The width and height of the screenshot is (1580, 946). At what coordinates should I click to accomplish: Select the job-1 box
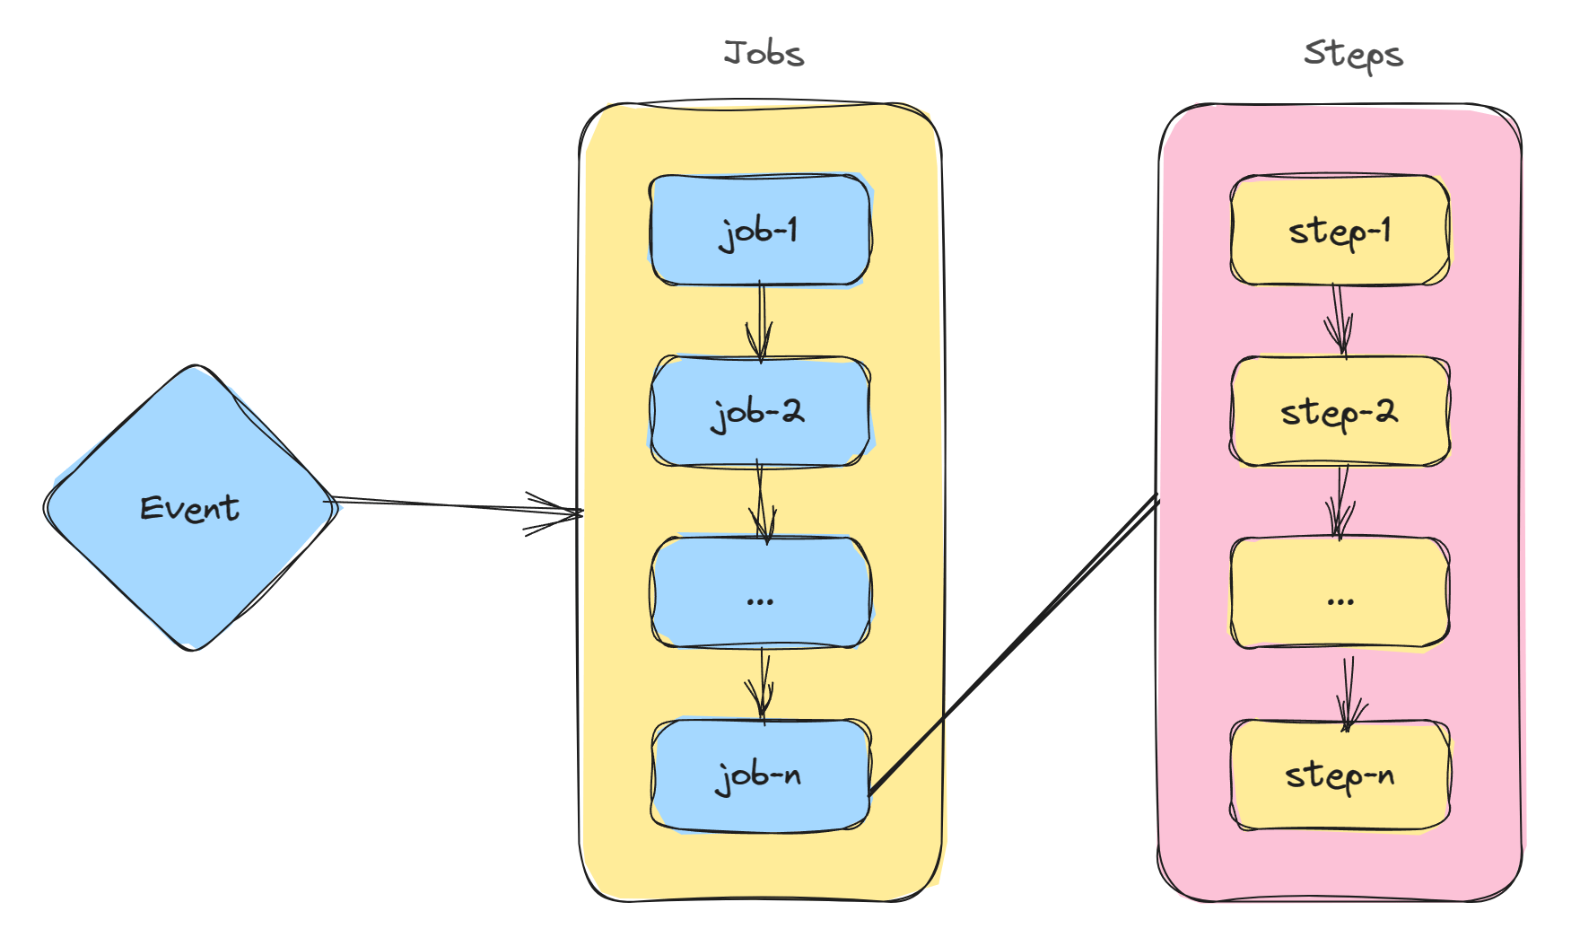coord(760,231)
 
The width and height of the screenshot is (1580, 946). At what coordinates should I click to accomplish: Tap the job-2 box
coord(760,412)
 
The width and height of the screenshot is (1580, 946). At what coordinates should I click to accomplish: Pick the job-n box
coord(760,775)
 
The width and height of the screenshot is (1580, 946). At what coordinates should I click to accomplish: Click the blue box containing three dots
coord(760,593)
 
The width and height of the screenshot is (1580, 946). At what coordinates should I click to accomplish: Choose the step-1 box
coord(1340,231)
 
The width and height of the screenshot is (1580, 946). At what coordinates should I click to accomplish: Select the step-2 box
coord(1340,412)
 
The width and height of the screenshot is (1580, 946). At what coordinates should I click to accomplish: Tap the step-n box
coord(1340,775)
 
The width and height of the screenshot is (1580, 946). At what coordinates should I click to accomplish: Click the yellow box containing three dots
coord(1340,593)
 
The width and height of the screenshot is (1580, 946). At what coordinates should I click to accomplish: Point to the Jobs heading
coord(764,54)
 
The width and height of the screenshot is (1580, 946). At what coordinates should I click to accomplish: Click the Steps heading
coord(1353,56)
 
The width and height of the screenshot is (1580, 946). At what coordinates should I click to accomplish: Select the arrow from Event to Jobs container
coord(458,507)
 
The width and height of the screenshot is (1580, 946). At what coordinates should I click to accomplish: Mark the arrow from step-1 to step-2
coord(1340,321)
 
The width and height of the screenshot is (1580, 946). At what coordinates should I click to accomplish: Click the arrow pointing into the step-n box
coord(1347,691)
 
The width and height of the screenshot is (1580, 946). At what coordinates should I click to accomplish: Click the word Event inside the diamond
coord(190,509)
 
